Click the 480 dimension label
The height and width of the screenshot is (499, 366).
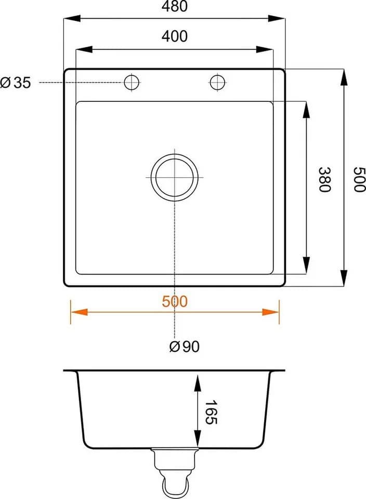coord(174,6)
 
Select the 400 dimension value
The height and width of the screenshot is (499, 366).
coord(174,36)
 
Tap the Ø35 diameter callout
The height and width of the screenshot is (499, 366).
coord(15,83)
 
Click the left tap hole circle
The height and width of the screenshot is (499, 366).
coord(132,75)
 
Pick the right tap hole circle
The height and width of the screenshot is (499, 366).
coord(218,75)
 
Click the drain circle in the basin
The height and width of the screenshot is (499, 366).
coord(174,154)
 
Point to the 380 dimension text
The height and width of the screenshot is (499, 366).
coord(325,179)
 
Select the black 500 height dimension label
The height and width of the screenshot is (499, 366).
coord(360,179)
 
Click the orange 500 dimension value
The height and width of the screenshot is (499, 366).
coord(174,301)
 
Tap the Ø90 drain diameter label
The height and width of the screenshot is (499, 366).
coord(184,346)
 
